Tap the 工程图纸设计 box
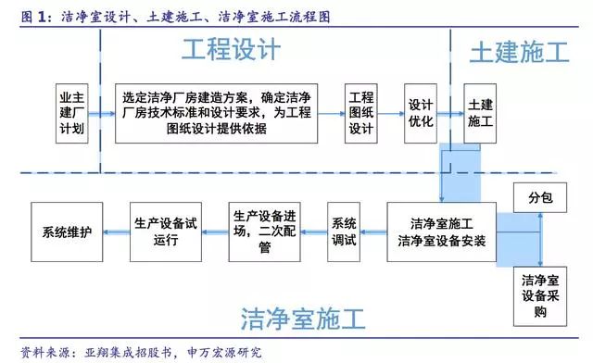point(360,111)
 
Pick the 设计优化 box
point(421,111)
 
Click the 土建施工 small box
point(480,111)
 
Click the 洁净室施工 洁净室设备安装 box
point(441,231)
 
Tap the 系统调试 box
point(344,231)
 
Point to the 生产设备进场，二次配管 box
point(264,231)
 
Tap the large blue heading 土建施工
point(519,52)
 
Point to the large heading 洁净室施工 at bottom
point(303,320)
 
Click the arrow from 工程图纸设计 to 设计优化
point(390,112)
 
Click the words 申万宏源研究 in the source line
point(223,353)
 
